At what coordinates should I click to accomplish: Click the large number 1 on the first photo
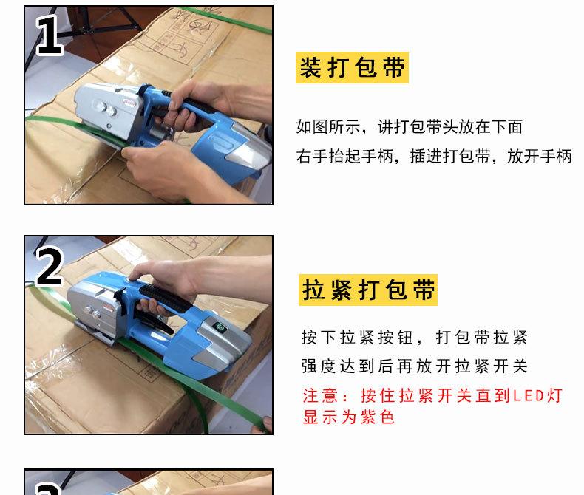(50, 35)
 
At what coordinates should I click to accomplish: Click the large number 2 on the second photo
(50, 267)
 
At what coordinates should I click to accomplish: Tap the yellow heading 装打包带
(352, 68)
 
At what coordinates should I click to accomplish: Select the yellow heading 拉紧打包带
(368, 290)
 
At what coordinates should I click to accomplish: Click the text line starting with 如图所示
(410, 127)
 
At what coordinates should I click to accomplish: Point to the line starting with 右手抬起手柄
(434, 156)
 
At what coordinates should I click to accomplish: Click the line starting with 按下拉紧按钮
(415, 338)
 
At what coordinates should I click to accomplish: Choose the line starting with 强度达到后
(415, 366)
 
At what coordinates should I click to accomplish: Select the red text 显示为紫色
(348, 417)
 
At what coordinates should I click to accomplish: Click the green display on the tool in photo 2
(220, 328)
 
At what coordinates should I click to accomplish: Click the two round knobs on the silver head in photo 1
(106, 109)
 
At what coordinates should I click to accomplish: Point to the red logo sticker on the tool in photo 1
(129, 102)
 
